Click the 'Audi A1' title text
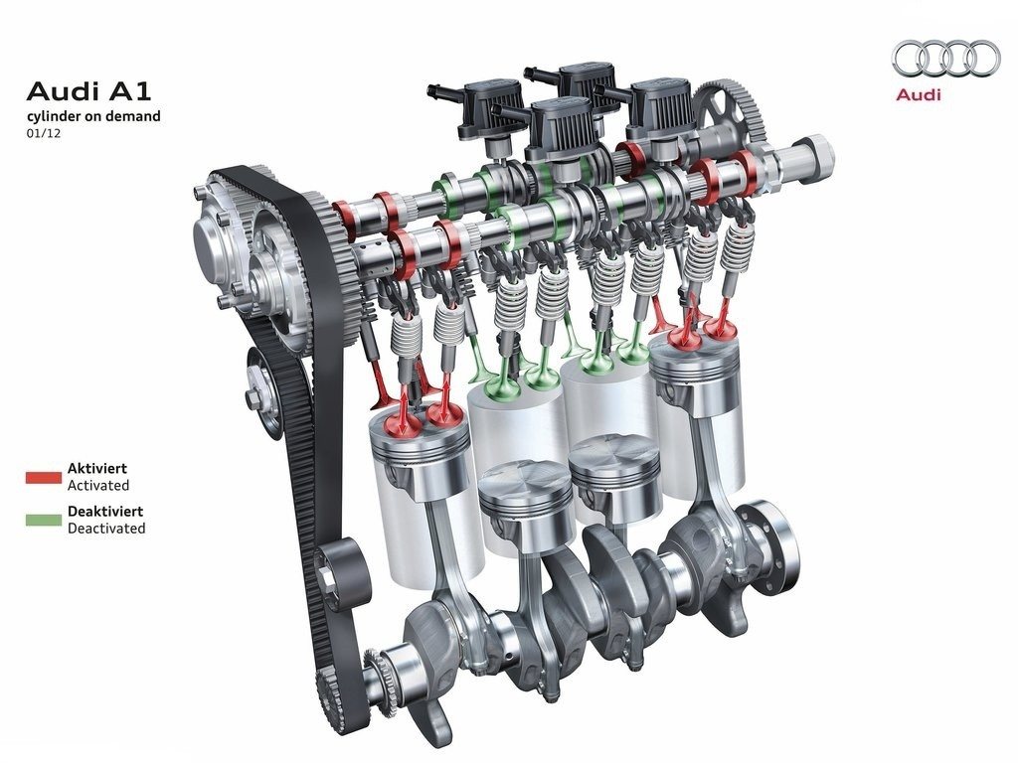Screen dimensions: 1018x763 (x=88, y=91)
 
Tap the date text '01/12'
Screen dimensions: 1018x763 (x=44, y=134)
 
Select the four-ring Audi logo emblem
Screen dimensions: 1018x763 (x=945, y=58)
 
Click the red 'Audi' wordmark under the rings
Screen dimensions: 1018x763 (x=918, y=94)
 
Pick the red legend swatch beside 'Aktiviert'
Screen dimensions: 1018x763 (x=44, y=477)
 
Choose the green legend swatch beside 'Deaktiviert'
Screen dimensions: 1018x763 (x=44, y=520)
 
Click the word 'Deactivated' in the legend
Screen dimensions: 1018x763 (x=106, y=529)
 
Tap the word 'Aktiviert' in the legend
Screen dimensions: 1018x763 (x=97, y=469)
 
